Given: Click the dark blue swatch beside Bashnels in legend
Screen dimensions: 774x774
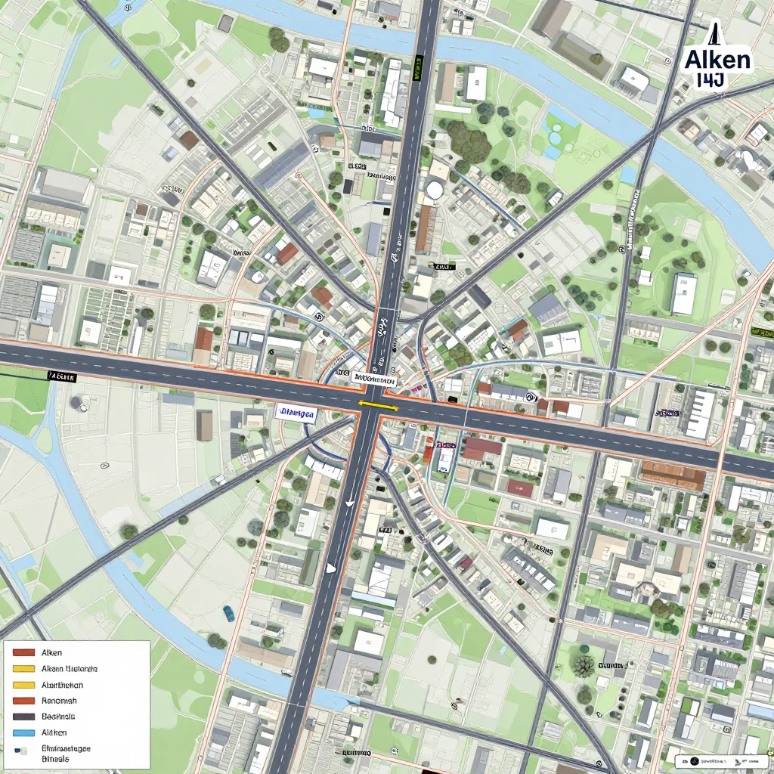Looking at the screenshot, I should pos(24,717).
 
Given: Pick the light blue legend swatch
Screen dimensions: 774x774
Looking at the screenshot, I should pos(24,732).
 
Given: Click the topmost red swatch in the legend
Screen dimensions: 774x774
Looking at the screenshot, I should pos(24,652).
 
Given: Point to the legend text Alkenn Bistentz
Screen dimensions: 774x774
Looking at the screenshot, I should pos(70,669).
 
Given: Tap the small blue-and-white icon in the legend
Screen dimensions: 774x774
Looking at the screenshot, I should pos(23,750).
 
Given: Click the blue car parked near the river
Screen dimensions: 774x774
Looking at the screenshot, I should pos(228,612).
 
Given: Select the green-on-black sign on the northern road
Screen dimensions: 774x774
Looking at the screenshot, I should pos(417,68).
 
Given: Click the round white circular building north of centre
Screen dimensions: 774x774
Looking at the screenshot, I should pos(434,190).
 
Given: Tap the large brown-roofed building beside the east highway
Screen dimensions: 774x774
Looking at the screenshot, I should pos(672,475).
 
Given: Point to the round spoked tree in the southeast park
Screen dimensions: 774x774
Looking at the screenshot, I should pos(583,666).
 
